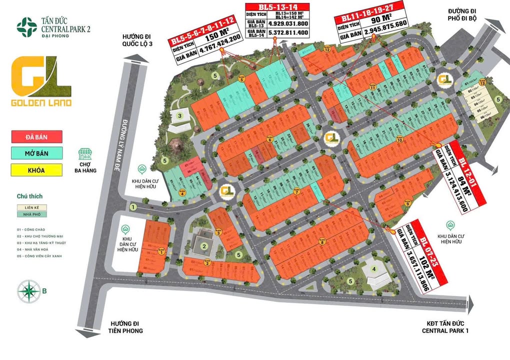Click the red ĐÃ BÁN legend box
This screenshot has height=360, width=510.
[x=37, y=136]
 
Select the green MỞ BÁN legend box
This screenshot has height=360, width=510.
[x=37, y=152]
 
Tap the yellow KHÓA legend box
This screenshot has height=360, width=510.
[x=37, y=170]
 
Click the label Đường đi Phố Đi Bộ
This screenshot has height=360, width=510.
[x=464, y=17]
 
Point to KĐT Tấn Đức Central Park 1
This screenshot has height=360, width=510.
[x=445, y=327]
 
